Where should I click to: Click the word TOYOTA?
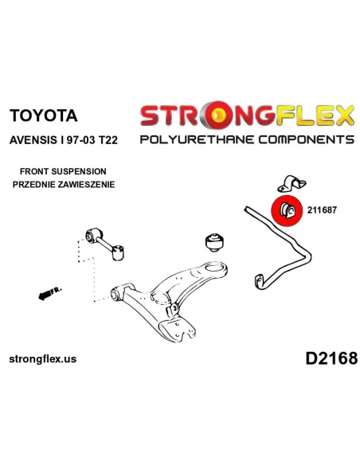pos(43,115)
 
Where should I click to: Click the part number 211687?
pos(322,210)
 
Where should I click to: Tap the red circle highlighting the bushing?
pos(286,210)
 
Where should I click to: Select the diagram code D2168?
pos(331,358)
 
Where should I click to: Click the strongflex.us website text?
pos(43,359)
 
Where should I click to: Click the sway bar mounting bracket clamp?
pos(292,184)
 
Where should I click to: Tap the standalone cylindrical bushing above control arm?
pos(215,243)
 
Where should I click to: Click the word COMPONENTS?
pos(306,139)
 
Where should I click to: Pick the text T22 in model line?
pos(108,139)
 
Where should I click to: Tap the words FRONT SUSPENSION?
pos(63,171)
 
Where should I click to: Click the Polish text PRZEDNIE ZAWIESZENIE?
pos(64,185)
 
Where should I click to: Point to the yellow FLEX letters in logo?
pos(315,115)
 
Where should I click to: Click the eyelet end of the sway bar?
pos(259,280)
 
